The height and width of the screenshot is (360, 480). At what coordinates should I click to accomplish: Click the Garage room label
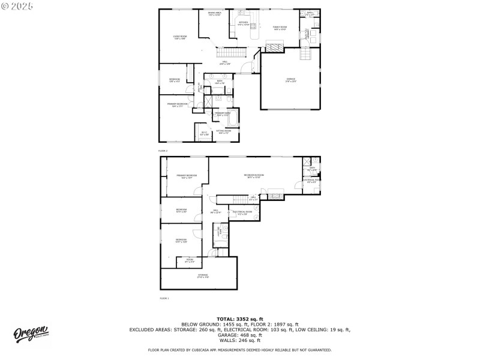click(x=291, y=81)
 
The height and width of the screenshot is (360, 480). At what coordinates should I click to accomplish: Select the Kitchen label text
click(x=243, y=23)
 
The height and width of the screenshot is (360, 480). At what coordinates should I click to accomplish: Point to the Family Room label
click(x=280, y=28)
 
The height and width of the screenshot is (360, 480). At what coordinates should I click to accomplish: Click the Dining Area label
click(x=215, y=14)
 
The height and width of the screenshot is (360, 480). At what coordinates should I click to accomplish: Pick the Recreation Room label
click(x=255, y=176)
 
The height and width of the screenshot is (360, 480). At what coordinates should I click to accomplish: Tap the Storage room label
click(x=203, y=276)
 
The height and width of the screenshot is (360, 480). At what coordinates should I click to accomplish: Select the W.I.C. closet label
click(x=203, y=133)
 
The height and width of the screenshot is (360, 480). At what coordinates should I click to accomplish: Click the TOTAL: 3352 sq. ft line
click(x=240, y=319)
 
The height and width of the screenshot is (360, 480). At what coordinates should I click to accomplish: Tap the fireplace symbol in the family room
click(x=274, y=47)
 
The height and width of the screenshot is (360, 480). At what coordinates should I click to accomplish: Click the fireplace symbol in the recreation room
click(x=275, y=193)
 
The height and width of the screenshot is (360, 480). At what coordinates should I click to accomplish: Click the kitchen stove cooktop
click(x=253, y=26)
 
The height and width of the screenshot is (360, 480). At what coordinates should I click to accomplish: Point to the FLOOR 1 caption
click(x=164, y=298)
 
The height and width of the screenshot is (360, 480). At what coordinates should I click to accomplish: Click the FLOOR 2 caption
click(x=163, y=150)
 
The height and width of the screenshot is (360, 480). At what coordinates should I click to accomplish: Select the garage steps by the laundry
click(x=305, y=56)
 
